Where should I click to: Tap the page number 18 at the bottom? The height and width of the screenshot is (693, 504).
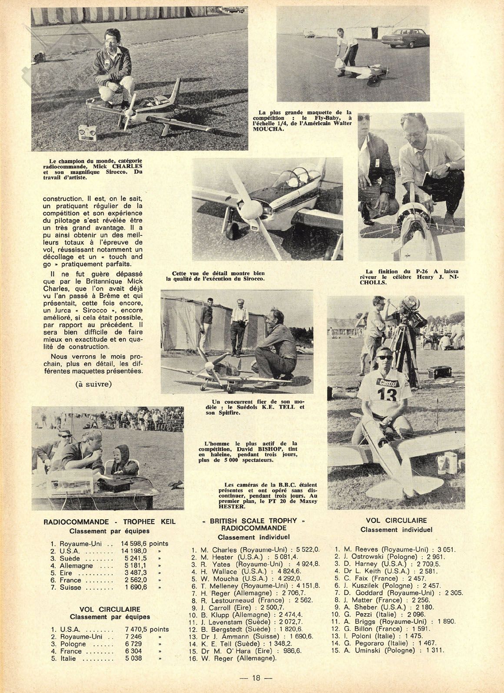[x=252, y=678]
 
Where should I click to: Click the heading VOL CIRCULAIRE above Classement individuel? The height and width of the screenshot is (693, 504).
[x=396, y=520]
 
